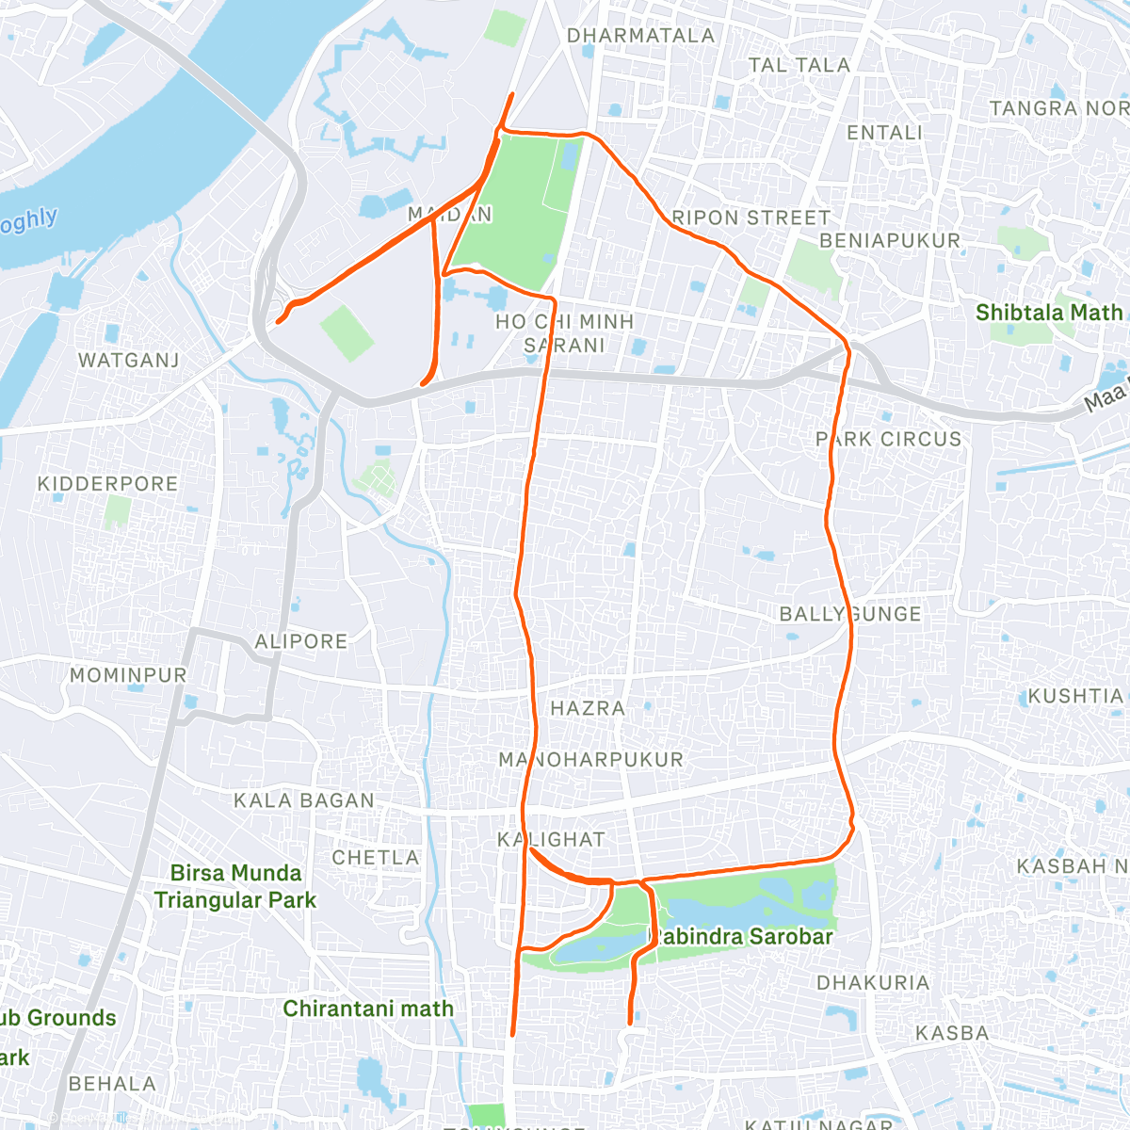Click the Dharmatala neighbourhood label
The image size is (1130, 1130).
click(x=640, y=36)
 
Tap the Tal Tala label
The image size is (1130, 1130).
click(x=799, y=65)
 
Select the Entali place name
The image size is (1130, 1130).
click(x=884, y=133)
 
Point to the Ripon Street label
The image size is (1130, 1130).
click(x=751, y=218)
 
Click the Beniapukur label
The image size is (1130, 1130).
click(x=889, y=241)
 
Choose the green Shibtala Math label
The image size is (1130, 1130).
click(x=1049, y=313)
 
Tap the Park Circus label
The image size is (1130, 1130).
click(x=888, y=439)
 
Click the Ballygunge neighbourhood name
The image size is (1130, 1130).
click(x=849, y=614)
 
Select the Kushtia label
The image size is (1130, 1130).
click(x=1075, y=696)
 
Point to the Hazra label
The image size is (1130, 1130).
click(x=588, y=708)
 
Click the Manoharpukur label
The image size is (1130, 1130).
click(x=590, y=759)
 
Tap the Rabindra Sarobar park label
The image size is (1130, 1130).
click(x=743, y=937)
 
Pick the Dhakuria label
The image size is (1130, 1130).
click(x=872, y=982)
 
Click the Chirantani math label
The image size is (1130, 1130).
click(x=368, y=1009)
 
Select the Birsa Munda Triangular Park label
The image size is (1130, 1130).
click(x=235, y=886)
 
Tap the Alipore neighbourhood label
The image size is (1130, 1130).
click(x=300, y=641)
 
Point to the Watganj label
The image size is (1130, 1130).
click(x=128, y=360)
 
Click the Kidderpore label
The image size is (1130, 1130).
click(x=107, y=484)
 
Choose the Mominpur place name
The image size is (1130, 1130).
click(x=128, y=675)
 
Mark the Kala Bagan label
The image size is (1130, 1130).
click(x=303, y=800)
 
